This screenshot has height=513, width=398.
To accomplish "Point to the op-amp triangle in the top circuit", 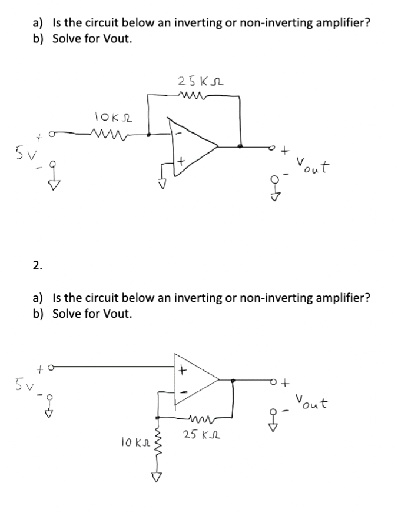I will click(191, 143).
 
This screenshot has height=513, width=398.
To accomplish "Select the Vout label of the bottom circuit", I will click(313, 404).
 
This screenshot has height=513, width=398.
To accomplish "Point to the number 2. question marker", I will click(37, 265).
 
